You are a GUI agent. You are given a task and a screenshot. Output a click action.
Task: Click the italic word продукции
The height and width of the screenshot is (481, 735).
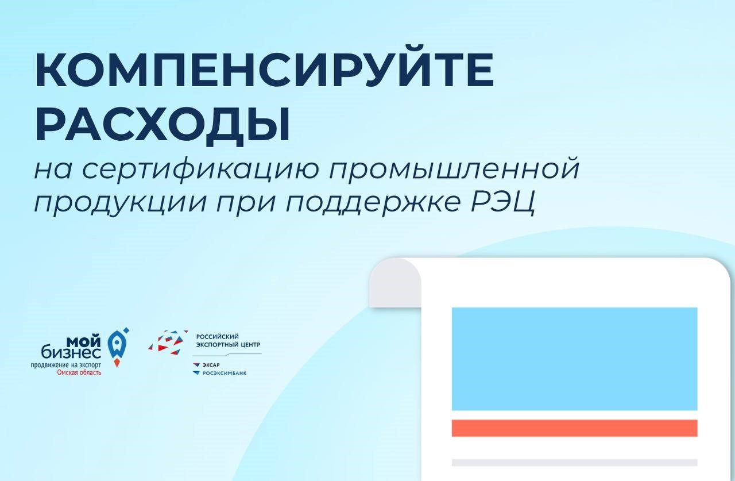pyautogui.click(x=120, y=201)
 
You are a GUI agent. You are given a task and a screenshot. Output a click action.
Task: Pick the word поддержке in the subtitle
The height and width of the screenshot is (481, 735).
pyautogui.click(x=373, y=201)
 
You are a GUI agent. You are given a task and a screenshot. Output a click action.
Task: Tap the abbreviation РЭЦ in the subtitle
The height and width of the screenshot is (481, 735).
pyautogui.click(x=503, y=201)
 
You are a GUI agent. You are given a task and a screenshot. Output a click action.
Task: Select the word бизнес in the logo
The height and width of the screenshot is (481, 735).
pyautogui.click(x=71, y=352)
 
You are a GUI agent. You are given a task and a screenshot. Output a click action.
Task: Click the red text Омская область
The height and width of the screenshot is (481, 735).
pyautogui.click(x=79, y=372)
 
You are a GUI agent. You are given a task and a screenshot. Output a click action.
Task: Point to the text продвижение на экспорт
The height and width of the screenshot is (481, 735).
pyautogui.click(x=66, y=365)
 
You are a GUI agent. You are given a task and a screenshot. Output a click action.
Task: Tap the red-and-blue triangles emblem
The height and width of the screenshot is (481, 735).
pyautogui.click(x=168, y=343)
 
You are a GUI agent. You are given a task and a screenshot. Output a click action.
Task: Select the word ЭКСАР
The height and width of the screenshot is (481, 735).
pyautogui.click(x=211, y=365)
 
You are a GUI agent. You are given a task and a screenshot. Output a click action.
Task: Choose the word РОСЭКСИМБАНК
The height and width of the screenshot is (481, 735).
pyautogui.click(x=225, y=373)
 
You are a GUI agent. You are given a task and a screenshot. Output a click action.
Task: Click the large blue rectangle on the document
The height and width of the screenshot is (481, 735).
pyautogui.click(x=575, y=359)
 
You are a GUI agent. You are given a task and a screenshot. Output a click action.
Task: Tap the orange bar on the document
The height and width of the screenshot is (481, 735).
pyautogui.click(x=575, y=428)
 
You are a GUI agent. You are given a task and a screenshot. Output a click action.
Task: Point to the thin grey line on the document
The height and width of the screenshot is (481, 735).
pyautogui.click(x=575, y=462)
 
